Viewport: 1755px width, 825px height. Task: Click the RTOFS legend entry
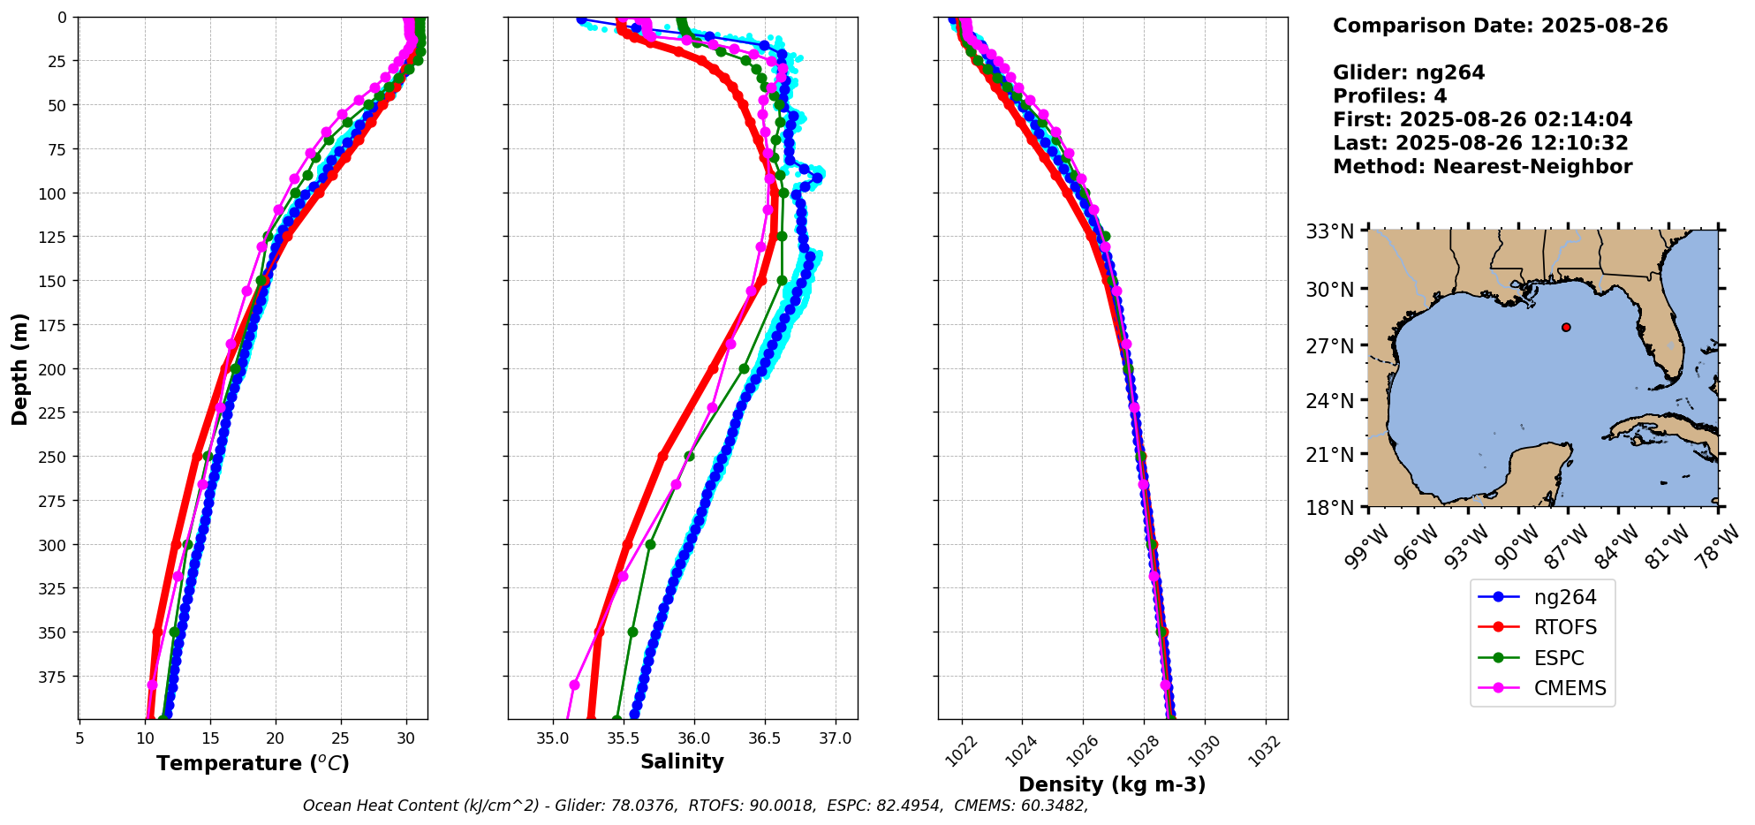[x=1564, y=628]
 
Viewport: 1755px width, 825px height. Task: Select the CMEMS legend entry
[x=1569, y=689]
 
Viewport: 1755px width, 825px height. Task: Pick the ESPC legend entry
[x=1558, y=659]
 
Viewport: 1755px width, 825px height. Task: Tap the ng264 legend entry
[x=1564, y=598]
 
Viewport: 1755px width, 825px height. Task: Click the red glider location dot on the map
[x=1566, y=328]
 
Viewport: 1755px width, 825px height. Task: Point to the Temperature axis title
[x=253, y=763]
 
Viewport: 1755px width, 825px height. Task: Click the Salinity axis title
[x=682, y=762]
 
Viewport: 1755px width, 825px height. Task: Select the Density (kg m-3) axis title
[x=1112, y=784]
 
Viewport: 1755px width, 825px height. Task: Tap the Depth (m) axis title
[x=20, y=368]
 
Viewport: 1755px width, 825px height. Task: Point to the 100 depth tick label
[x=54, y=193]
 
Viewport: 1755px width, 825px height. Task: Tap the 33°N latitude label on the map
[x=1329, y=232]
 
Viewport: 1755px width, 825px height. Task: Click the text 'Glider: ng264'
[x=1409, y=73]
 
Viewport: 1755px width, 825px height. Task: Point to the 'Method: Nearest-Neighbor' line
[x=1482, y=167]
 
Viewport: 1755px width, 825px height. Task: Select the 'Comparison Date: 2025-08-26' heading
[x=1500, y=26]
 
